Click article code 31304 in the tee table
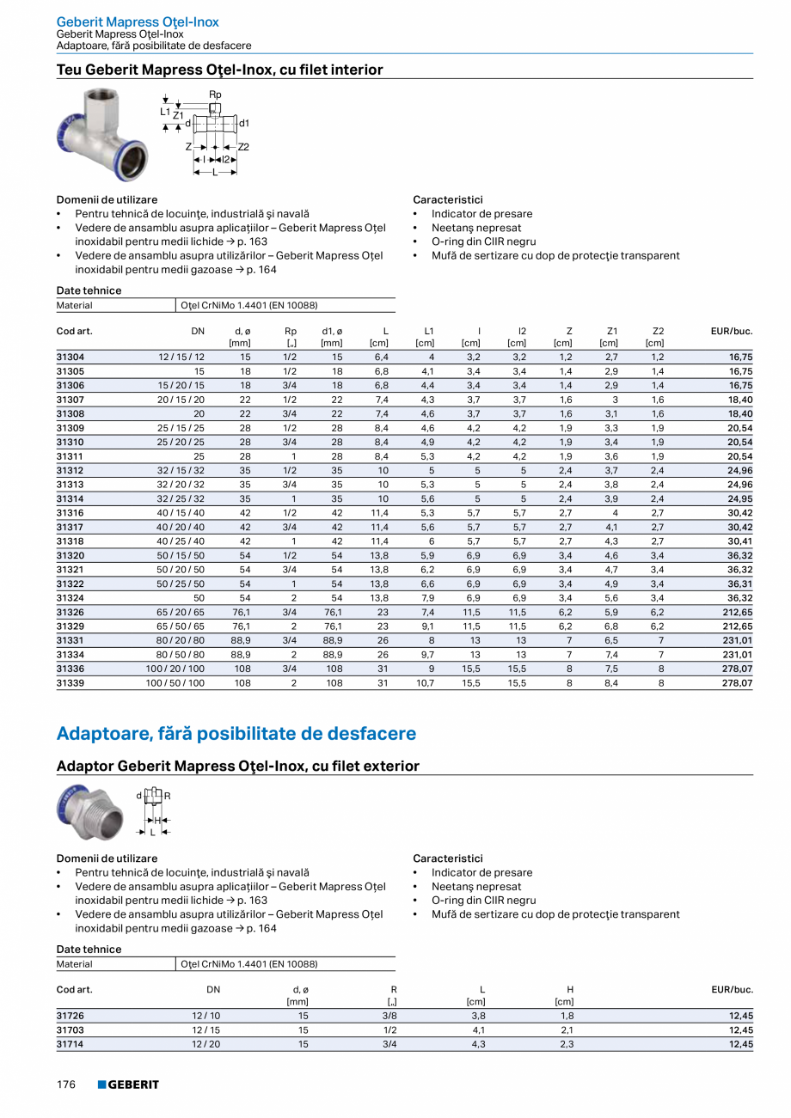pyautogui.click(x=71, y=356)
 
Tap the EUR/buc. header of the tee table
pyautogui.click(x=732, y=331)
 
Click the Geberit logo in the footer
pyautogui.click(x=128, y=1084)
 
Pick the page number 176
pyautogui.click(x=66, y=1084)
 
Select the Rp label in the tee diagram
pyautogui.click(x=215, y=94)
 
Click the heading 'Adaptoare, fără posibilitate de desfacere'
pyautogui.click(x=236, y=734)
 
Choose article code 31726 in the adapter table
pyautogui.click(x=71, y=1015)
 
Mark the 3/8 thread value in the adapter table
pyautogui.click(x=391, y=1015)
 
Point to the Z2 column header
pyautogui.click(x=658, y=331)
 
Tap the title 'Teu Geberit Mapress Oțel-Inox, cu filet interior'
pyautogui.click(x=220, y=70)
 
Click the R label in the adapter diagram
pyautogui.click(x=168, y=796)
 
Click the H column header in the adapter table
pyautogui.click(x=570, y=990)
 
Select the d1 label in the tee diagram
pyautogui.click(x=244, y=124)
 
